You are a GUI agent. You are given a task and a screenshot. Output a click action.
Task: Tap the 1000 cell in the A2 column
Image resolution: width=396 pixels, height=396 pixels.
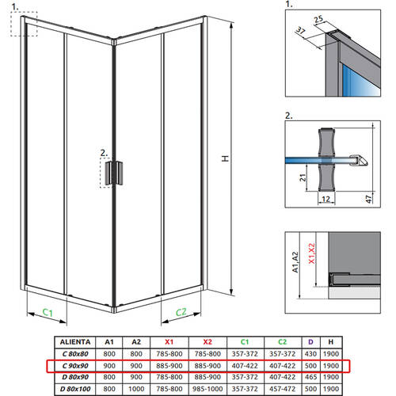click(135, 389)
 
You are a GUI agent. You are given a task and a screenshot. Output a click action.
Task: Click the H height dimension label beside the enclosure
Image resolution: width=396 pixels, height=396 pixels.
click(225, 158)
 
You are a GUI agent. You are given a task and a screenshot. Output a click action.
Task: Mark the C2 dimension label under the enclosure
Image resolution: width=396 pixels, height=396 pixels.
click(180, 312)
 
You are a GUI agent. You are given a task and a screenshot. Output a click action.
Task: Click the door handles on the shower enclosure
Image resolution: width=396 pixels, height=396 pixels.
click(116, 172)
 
